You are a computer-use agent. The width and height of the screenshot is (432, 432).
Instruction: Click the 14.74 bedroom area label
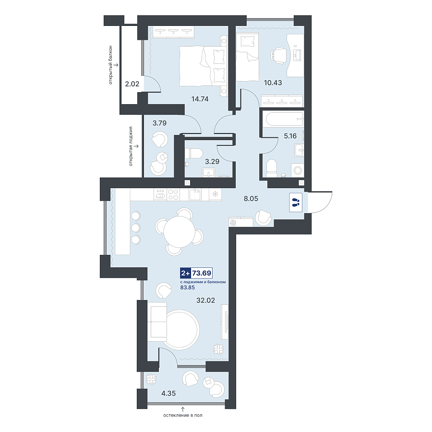coord(200,99)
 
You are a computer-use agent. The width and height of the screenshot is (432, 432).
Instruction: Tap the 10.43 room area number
coord(273,83)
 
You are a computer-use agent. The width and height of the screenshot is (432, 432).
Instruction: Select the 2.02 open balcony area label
coord(132,84)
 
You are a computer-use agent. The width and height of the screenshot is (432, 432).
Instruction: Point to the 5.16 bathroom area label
coord(290,136)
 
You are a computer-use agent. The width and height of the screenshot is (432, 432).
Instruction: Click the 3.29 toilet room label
coord(212,161)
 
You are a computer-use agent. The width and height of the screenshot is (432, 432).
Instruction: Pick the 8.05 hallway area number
coord(251,198)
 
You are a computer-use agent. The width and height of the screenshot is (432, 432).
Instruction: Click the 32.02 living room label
coord(205,300)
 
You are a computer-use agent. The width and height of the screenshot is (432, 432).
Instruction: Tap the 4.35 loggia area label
coord(168,394)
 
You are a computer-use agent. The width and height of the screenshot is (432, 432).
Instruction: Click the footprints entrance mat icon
coord(296,203)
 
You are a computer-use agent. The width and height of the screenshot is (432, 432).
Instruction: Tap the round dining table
coord(180,231)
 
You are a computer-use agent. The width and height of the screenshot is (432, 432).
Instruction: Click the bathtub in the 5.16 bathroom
coord(283,120)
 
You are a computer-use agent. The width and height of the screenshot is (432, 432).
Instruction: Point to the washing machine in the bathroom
coord(298,170)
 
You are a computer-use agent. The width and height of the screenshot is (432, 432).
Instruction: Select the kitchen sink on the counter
coord(195,194)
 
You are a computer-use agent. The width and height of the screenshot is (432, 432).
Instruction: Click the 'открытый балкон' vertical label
coord(110,65)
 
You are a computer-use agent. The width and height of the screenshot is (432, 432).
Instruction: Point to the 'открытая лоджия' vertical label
coord(131,146)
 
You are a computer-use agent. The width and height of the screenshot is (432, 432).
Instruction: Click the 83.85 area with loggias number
coord(187,288)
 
